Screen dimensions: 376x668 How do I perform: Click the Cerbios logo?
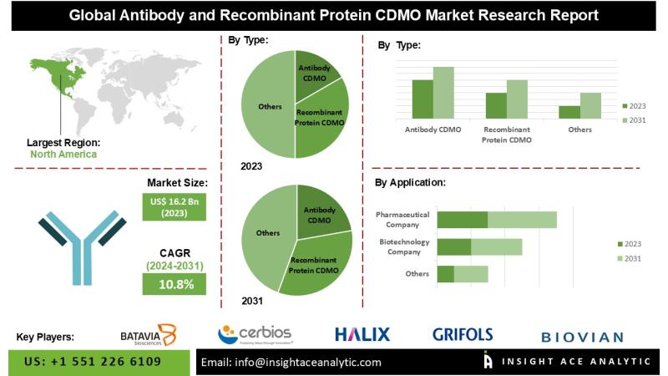255,335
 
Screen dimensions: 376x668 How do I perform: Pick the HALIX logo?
362,335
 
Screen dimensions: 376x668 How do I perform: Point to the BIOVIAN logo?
582,337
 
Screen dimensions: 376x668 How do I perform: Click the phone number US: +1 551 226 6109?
94,362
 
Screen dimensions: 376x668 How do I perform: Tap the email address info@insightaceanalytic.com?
291,362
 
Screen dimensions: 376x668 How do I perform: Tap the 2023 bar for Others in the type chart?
569,112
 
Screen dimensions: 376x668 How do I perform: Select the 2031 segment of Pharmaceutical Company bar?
522,220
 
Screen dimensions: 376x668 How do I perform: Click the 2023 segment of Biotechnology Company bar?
454,246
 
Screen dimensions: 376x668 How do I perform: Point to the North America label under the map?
63,155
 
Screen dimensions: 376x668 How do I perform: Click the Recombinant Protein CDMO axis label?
507,135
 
